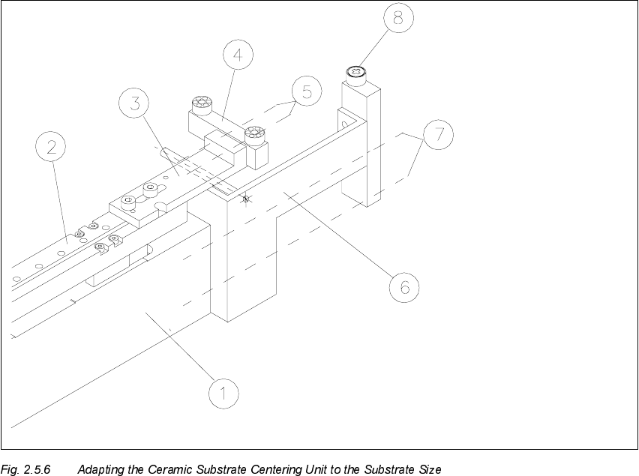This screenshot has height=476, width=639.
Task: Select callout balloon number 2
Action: pos(52,148)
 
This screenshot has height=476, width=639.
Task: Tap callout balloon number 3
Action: pos(135,104)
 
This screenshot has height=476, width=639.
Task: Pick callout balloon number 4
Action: pos(237,55)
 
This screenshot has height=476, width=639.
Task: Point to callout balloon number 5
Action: pos(306,92)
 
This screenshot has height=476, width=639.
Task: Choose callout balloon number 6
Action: pos(403,286)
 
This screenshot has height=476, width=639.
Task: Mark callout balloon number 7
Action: pos(438,135)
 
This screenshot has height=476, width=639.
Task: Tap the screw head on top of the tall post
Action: pos(355,73)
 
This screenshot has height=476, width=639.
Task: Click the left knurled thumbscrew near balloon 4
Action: pos(200,103)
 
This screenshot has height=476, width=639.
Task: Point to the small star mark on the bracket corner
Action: pos(244,199)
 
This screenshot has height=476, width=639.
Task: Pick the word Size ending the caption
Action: pos(428,470)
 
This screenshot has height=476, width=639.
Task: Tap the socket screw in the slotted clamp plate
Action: pos(131,200)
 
